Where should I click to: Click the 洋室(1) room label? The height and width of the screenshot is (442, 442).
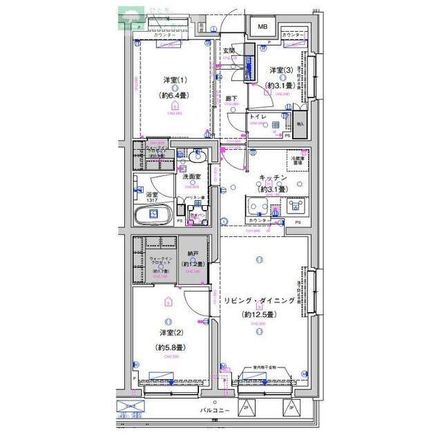point(174,79)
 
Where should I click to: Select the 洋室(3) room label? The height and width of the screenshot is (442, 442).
point(281,70)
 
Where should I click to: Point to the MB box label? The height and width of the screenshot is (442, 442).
point(263,28)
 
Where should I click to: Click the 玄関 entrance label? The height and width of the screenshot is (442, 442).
point(229,50)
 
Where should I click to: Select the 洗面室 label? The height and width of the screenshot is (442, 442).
point(191,177)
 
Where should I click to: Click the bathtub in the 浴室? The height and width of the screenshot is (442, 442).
point(154,215)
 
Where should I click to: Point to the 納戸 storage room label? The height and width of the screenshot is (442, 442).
point(192,254)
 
